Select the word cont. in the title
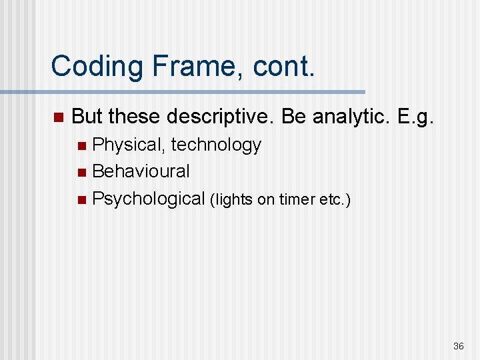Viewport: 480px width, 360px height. pos(280,67)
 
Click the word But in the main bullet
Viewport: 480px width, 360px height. pos(87,117)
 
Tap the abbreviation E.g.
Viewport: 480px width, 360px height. pos(415,117)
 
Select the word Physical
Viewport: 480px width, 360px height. pos(129,145)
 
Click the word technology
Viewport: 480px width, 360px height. pos(216,145)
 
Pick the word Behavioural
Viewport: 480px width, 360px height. pos(141,171)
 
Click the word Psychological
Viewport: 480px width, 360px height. pos(148,198)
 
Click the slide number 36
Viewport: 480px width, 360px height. pos(458,346)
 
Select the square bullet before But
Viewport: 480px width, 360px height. pos(57,118)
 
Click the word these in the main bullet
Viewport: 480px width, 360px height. pos(135,117)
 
